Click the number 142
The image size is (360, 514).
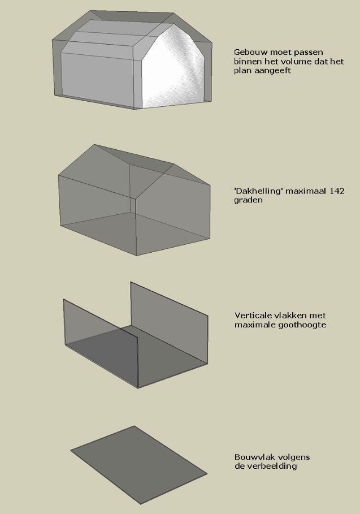pyautogui.click(x=337, y=191)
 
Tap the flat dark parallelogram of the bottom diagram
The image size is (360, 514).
pyautogui.click(x=138, y=465)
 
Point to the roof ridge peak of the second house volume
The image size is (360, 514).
pyautogui.click(x=95, y=145)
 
